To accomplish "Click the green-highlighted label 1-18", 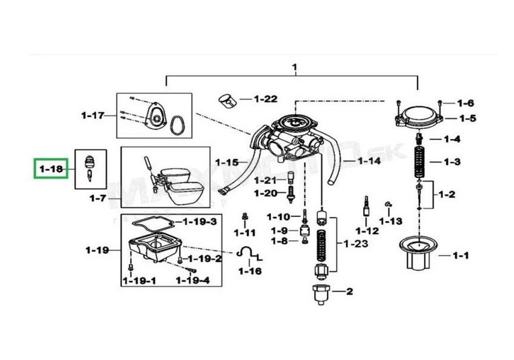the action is click(x=51, y=169).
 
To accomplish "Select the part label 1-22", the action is click(x=266, y=99).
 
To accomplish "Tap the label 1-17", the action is click(x=93, y=116).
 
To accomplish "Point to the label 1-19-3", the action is click(x=200, y=222).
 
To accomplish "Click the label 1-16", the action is click(x=250, y=271).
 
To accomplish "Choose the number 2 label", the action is click(x=350, y=291).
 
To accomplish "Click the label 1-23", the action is click(x=356, y=244).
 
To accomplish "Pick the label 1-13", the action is click(x=391, y=221).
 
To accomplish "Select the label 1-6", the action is click(x=466, y=103).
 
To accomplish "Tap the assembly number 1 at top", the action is click(x=295, y=67).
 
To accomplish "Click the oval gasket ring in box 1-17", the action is click(x=178, y=126).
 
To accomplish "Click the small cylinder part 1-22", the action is click(x=228, y=101).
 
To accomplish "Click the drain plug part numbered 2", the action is click(x=321, y=295).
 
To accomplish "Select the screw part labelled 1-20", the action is click(x=290, y=195).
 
